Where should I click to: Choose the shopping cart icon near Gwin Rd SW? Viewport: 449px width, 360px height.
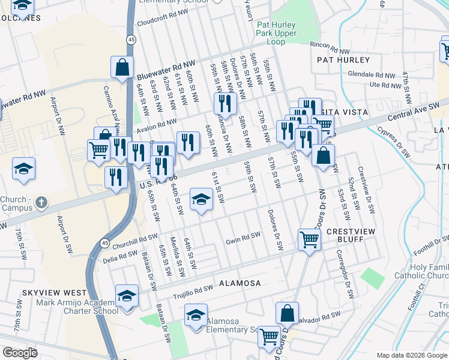pyautogui.click(x=309, y=239)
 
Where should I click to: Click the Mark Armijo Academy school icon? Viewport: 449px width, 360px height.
pyautogui.click(x=127, y=296)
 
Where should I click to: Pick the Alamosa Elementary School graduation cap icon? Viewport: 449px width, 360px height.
pyautogui.click(x=196, y=316)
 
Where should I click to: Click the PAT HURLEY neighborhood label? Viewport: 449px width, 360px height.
pyautogui.click(x=344, y=60)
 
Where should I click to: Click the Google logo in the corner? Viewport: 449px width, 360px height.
pyautogui.click(x=20, y=352)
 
